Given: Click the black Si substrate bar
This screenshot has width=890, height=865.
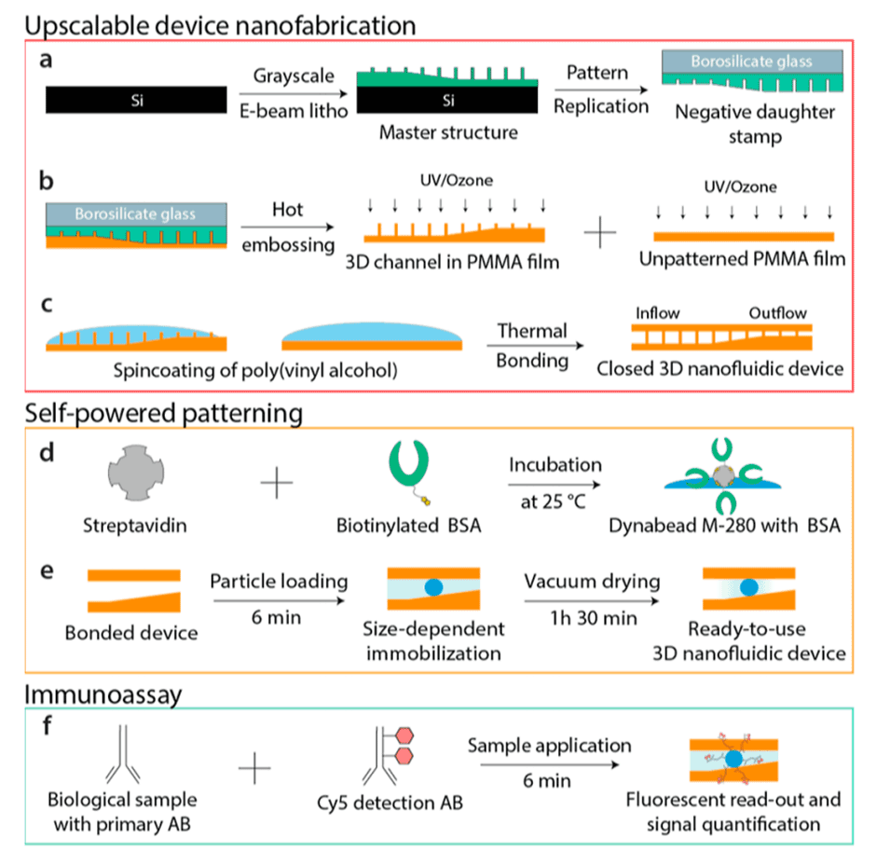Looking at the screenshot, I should tap(135, 97).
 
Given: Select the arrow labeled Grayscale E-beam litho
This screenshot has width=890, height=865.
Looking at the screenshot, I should tap(291, 93).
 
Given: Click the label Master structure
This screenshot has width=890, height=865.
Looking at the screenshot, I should tap(447, 132).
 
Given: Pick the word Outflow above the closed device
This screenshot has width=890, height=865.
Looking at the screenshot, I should tap(777, 313).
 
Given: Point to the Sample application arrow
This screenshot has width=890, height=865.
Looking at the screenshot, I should tap(549, 763).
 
